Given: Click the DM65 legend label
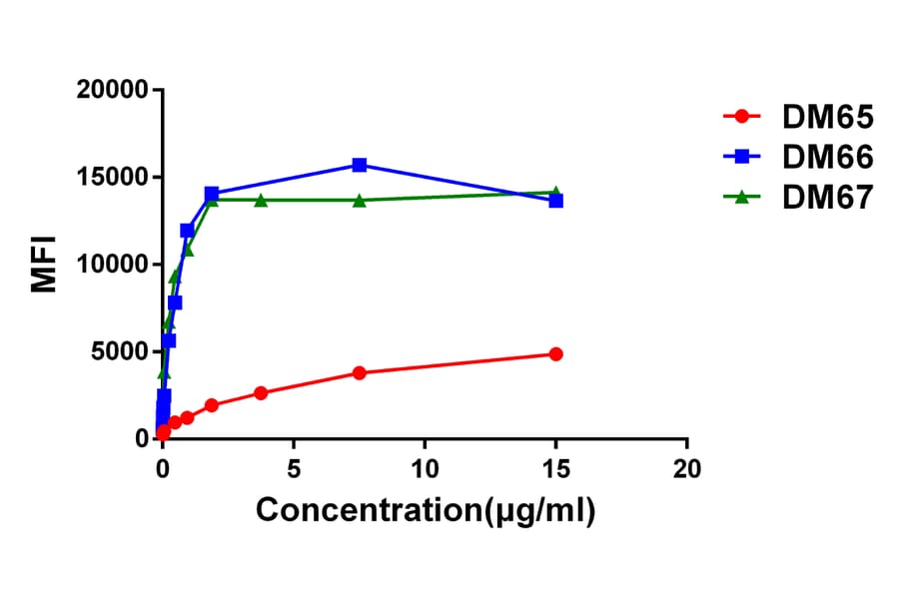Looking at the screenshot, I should pyautogui.click(x=828, y=117).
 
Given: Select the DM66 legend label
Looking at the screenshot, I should pyautogui.click(x=828, y=157).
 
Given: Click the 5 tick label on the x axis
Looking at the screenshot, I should pyautogui.click(x=294, y=467).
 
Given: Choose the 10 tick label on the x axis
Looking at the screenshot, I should pyautogui.click(x=425, y=467).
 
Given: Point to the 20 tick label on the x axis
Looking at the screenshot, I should pyautogui.click(x=687, y=467).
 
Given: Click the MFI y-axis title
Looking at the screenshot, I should pyautogui.click(x=45, y=264).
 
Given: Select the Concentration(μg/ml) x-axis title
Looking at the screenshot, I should pyautogui.click(x=426, y=510).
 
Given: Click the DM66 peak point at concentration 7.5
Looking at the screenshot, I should pyautogui.click(x=359, y=165).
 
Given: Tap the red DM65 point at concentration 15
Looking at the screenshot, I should pyautogui.click(x=556, y=354).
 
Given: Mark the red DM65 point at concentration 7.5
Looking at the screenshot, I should pyautogui.click(x=359, y=372).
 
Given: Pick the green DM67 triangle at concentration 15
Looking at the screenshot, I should pyautogui.click(x=556, y=192).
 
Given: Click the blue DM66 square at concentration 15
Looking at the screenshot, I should pyautogui.click(x=556, y=201).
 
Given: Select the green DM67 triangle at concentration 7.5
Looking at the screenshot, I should pyautogui.click(x=359, y=200).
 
